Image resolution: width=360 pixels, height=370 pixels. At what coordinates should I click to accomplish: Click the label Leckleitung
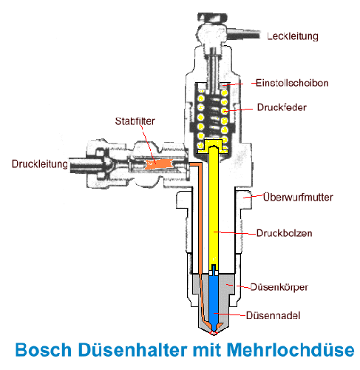[x=293, y=36]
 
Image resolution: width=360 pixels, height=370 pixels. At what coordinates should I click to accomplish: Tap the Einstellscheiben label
[x=292, y=83]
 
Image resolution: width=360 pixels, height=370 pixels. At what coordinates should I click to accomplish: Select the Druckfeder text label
[x=282, y=107]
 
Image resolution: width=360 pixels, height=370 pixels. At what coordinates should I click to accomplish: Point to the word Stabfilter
[x=135, y=121]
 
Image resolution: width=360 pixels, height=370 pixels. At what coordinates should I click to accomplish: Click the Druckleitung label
[x=40, y=164]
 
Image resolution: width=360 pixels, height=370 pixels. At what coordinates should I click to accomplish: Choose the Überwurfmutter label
[x=298, y=198]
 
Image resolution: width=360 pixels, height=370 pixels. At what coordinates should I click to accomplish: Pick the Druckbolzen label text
[x=284, y=233]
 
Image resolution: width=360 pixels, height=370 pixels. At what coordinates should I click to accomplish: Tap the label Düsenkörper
[x=279, y=287]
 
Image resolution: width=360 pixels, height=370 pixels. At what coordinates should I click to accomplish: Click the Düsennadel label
[x=273, y=315]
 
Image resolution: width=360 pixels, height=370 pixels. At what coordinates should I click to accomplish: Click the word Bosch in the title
[x=44, y=350]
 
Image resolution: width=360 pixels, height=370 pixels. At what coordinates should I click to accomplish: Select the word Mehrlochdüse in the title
[x=291, y=349]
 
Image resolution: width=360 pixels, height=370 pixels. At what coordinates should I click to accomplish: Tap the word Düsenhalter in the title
[x=133, y=349]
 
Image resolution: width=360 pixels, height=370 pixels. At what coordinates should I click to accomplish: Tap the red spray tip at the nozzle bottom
[x=214, y=334]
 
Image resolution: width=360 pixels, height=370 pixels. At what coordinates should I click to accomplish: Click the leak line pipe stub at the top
[x=243, y=34]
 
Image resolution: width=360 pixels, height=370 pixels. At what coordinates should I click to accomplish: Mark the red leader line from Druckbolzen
[x=235, y=233]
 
